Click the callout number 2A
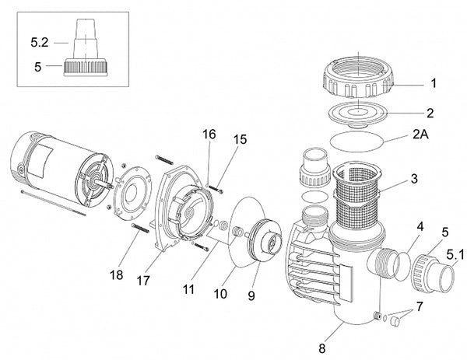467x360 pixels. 420,135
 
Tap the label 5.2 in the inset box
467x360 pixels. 40,43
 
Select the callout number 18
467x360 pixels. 116,275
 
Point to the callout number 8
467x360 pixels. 322,348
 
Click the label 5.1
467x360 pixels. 455,254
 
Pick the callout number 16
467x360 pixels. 209,135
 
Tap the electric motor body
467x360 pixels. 60,169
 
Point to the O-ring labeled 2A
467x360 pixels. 356,142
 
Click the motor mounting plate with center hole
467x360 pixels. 133,194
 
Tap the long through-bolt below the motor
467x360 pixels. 54,203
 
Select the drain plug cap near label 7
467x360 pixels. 395,322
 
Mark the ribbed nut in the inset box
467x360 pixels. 85,68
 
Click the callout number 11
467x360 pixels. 188,289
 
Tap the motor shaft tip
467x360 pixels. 112,187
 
